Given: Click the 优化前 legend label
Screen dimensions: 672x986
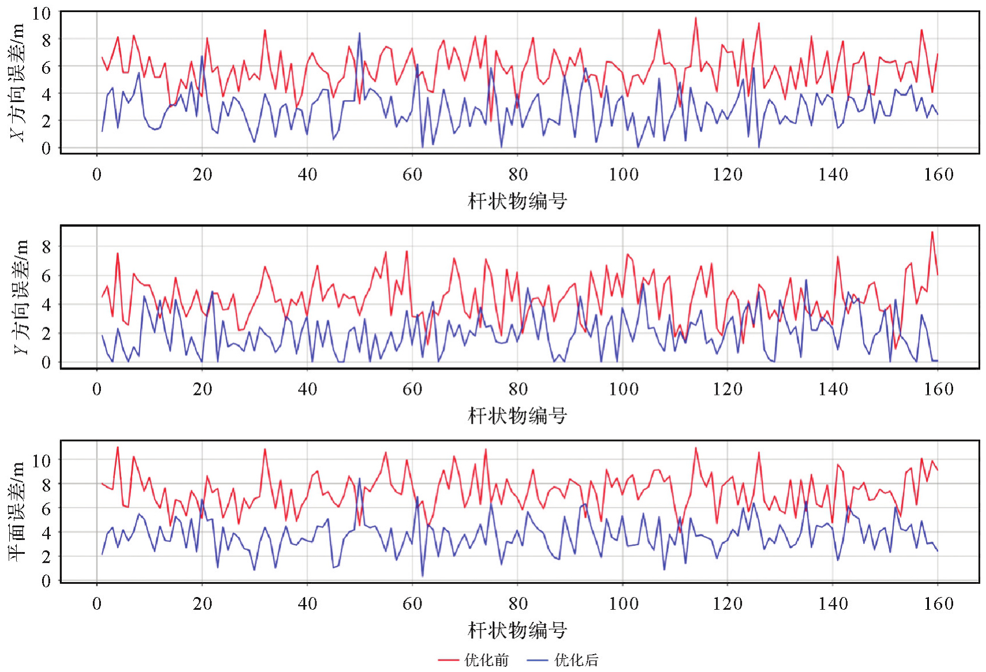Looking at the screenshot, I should click(486, 660).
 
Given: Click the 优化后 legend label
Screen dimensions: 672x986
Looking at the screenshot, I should click(576, 660).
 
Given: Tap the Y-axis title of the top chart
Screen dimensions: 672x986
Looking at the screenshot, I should click(17, 82).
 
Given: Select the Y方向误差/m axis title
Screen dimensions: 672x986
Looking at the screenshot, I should click(20, 297).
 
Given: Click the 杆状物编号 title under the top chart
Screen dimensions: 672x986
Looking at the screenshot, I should click(517, 201).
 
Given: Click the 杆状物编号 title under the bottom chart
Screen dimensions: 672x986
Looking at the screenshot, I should click(517, 630).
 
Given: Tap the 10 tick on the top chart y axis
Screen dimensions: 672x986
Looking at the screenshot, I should click(42, 13).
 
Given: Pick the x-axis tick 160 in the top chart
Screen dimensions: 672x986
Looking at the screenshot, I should click(938, 175).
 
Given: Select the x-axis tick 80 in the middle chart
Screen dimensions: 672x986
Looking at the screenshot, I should click(517, 390).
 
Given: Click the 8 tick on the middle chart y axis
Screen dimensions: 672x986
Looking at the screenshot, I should click(46, 247).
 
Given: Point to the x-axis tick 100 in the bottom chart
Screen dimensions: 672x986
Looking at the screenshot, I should click(623, 604).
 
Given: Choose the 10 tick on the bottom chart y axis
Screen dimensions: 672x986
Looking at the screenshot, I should click(42, 460).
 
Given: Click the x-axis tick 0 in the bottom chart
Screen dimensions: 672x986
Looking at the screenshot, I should click(97, 604).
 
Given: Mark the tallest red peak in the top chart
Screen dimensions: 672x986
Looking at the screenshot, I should click(695, 18).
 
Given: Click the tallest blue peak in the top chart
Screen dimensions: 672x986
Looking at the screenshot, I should click(359, 33).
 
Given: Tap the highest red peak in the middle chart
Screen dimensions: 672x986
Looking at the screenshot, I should click(932, 232).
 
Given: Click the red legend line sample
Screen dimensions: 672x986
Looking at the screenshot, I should click(448, 660).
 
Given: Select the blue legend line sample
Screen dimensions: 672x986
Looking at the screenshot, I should click(537, 660).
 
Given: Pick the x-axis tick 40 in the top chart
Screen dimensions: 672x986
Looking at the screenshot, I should click(307, 175).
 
